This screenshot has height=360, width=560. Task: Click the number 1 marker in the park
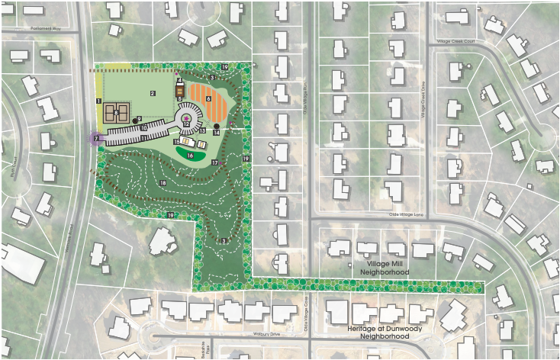coord(99,101)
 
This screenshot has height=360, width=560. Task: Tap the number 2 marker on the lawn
coord(153,93)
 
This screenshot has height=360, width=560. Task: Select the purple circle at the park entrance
coord(95,139)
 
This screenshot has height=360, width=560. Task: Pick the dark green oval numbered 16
coord(190,155)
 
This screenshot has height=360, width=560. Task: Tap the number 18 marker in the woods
coord(163,183)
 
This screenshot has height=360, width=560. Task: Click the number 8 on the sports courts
coord(115,113)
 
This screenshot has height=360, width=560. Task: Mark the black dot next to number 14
coord(217,126)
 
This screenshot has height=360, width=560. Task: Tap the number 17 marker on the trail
coord(215,162)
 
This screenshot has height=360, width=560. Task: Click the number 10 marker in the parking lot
coord(143,127)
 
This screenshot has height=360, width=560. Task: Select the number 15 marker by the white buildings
coord(176,142)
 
